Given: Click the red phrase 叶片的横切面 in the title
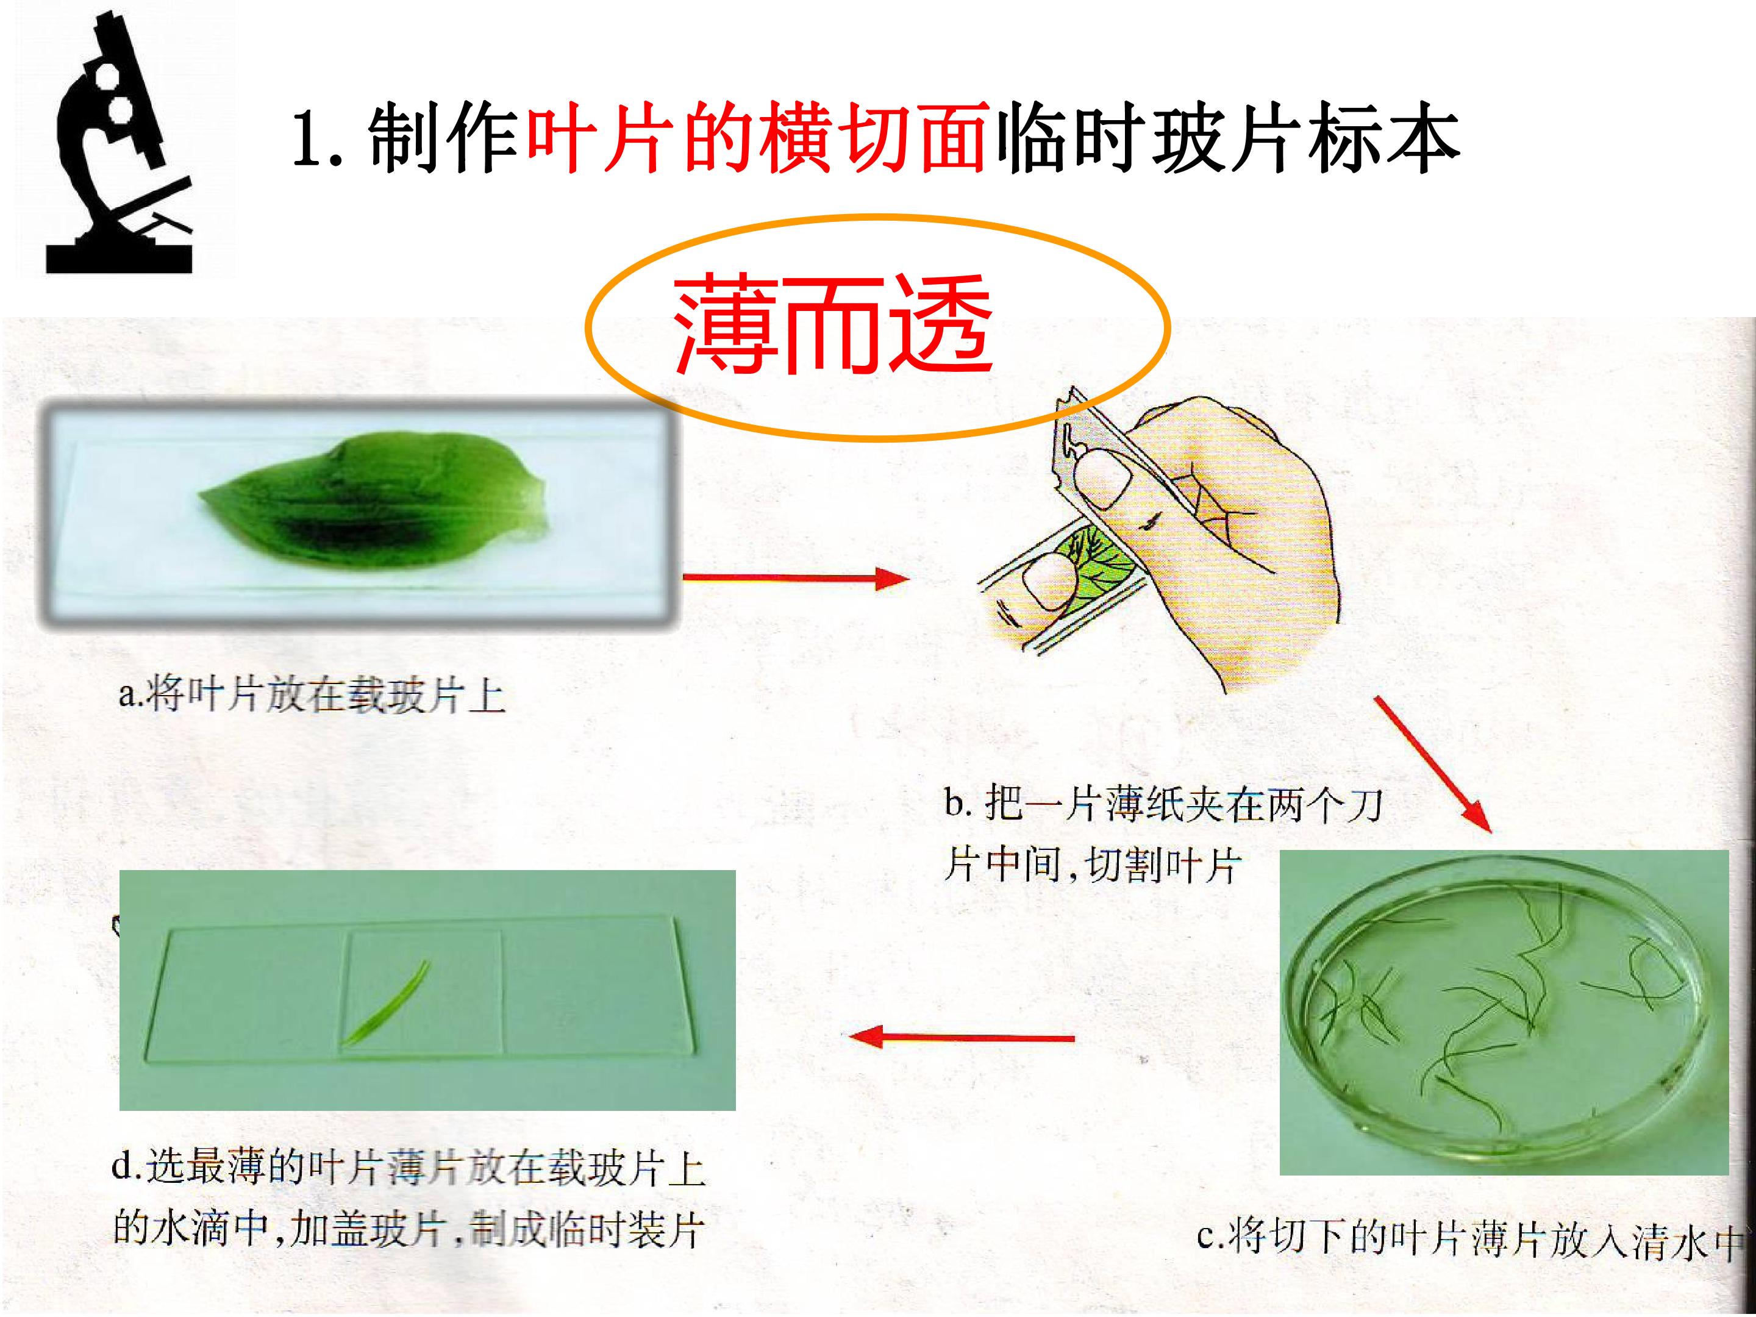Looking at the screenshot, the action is click(757, 138).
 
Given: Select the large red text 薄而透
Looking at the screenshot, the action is click(833, 325).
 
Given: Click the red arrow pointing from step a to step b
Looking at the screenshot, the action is click(796, 578).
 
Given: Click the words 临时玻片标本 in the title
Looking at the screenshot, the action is click(1227, 138).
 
